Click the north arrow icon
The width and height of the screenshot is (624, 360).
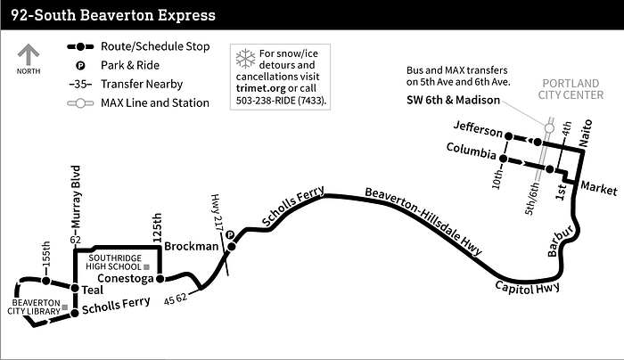(x=29, y=54)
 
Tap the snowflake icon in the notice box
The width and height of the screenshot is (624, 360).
(x=245, y=59)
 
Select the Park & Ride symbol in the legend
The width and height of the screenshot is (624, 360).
(x=80, y=65)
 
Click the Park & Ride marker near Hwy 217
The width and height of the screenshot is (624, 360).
(x=230, y=235)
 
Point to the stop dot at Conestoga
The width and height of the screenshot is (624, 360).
(x=160, y=278)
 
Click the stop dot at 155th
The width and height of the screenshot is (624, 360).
(x=46, y=281)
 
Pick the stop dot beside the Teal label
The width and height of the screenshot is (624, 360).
(x=75, y=288)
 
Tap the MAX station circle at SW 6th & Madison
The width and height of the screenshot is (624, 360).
(x=549, y=128)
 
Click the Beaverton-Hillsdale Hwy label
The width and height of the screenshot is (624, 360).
(x=423, y=221)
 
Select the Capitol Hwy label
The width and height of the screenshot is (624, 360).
(x=528, y=287)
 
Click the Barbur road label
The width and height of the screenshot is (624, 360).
(x=561, y=241)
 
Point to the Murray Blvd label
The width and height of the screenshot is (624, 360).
(x=76, y=197)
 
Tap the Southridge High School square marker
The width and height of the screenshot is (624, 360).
(x=146, y=266)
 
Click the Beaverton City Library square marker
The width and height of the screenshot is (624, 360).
(x=64, y=307)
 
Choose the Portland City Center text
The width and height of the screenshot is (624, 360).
(x=571, y=89)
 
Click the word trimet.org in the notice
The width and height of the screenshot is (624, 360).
(x=260, y=88)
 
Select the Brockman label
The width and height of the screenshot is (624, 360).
(x=192, y=246)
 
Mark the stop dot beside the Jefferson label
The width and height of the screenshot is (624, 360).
(x=508, y=136)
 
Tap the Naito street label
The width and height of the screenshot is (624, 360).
(x=586, y=134)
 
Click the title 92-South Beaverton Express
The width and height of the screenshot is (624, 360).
(x=113, y=15)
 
